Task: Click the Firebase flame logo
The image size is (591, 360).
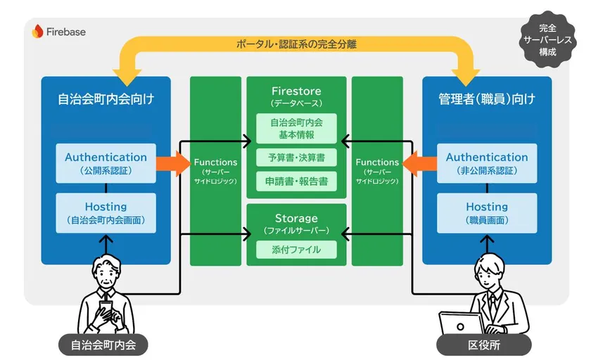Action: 37,31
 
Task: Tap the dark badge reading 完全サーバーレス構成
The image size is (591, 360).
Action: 547,40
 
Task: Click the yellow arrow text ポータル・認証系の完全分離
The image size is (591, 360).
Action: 296,44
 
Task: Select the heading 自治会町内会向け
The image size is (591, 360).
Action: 106,99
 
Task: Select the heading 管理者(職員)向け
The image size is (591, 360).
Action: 487,99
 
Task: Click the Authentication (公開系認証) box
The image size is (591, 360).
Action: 106,163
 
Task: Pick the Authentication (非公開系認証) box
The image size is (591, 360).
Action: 487,163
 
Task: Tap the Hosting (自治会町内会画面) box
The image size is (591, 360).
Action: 106,212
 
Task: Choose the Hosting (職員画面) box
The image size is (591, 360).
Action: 487,212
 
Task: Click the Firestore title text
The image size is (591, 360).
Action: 296,91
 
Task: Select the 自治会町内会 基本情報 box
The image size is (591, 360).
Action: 296,128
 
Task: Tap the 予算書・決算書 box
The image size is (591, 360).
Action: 296,157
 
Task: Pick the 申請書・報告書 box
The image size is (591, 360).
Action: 296,181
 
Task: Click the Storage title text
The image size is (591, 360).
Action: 296,218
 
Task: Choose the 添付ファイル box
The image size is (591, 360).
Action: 296,249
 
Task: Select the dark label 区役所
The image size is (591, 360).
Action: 488,346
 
